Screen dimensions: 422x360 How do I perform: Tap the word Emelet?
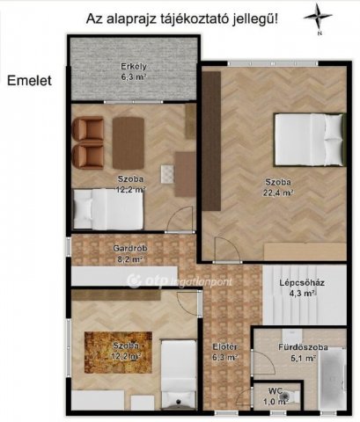coord(30,80)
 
